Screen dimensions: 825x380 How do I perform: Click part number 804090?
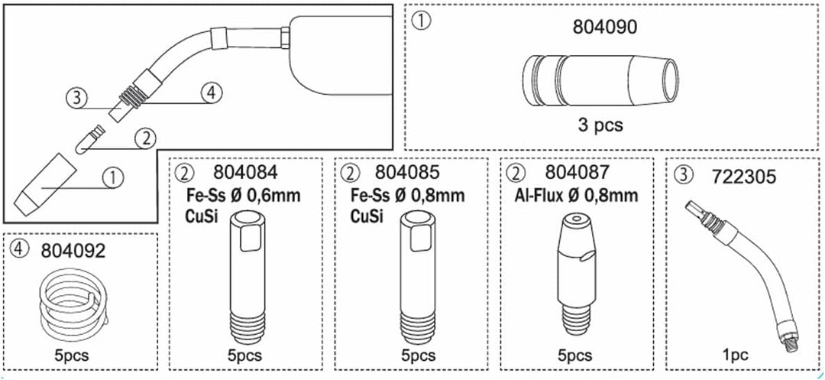click(x=604, y=28)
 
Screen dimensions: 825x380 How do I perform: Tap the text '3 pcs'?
click(x=600, y=125)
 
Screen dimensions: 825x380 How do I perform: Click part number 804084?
click(x=246, y=173)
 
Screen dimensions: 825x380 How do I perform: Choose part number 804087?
click(x=577, y=173)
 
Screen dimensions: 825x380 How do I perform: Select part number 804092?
click(x=73, y=250)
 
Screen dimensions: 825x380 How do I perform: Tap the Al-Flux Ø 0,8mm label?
click(x=577, y=196)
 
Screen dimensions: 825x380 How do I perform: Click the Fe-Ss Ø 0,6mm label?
click(x=243, y=196)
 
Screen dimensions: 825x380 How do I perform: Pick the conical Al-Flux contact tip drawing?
click(x=577, y=274)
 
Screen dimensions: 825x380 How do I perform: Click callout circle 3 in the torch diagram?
click(x=76, y=97)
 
